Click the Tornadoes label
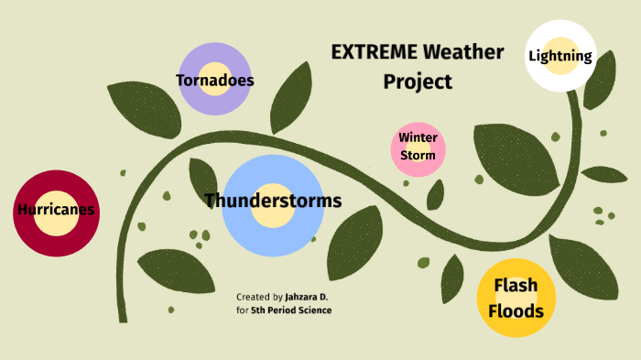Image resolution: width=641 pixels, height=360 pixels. click(x=214, y=81)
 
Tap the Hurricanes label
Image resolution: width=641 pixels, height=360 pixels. click(x=56, y=210)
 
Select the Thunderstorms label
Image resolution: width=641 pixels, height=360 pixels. click(x=273, y=201)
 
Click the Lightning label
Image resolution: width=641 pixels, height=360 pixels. click(x=560, y=57)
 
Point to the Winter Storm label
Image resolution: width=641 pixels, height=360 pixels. click(x=418, y=147)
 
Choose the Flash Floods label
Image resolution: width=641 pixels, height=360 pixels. click(x=516, y=298)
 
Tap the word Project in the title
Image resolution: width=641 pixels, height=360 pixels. click(x=418, y=82)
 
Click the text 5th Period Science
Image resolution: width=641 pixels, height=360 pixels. click(x=291, y=311)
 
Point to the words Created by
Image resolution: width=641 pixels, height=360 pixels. click(x=259, y=297)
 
